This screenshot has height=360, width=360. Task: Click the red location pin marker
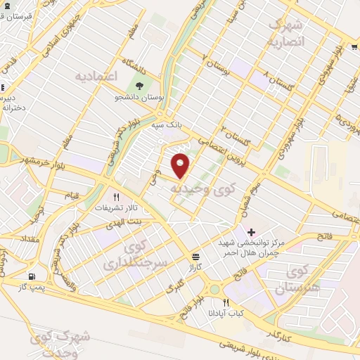181,165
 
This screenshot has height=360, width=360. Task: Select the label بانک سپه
168,123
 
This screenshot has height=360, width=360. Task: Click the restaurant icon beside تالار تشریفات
117,197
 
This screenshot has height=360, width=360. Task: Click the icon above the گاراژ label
195,257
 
